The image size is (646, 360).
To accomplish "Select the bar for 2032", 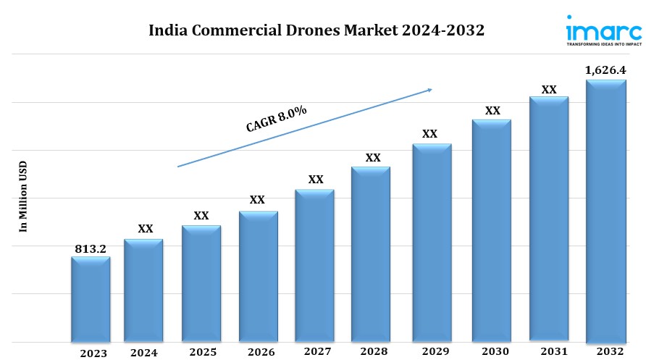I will pos(605,210).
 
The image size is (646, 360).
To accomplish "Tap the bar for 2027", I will pos(314,265).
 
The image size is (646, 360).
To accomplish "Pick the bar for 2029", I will pos(432,242).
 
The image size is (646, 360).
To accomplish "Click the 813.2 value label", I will pos(91,248).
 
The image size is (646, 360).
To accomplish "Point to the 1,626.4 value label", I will pos(605,70).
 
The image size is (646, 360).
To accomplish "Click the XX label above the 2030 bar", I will pos(492,111).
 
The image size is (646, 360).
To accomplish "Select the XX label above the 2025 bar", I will pos(201,216).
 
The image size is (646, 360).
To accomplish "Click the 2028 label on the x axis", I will pos(372,352).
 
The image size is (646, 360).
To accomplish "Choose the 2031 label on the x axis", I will pos(549,351).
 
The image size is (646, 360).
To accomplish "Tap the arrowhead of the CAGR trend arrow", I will pos(429,90).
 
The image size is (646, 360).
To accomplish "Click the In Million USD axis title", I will pos(22,196).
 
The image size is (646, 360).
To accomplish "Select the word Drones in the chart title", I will pos(311,31).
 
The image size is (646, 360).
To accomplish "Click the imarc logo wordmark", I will pos(603,32).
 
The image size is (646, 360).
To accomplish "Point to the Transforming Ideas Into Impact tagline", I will pos(603,44).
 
